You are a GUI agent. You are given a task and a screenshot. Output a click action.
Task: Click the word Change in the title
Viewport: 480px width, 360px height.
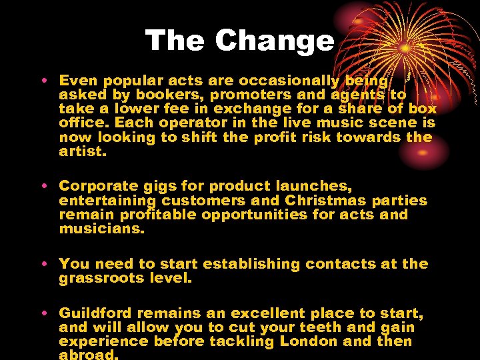tap(275, 41)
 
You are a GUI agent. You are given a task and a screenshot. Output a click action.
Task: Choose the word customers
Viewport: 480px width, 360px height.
tap(202, 201)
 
